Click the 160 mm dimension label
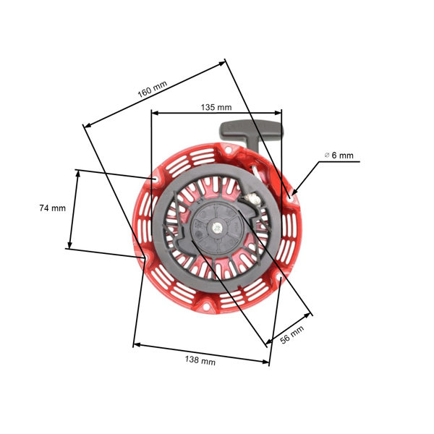(x=152, y=88)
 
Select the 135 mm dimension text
(x=216, y=107)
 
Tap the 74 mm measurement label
(x=52, y=208)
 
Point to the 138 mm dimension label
(x=200, y=360)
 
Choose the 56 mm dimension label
(x=292, y=336)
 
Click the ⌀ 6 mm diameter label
(x=339, y=155)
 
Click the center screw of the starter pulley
(x=216, y=229)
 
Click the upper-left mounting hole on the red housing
(x=156, y=179)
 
